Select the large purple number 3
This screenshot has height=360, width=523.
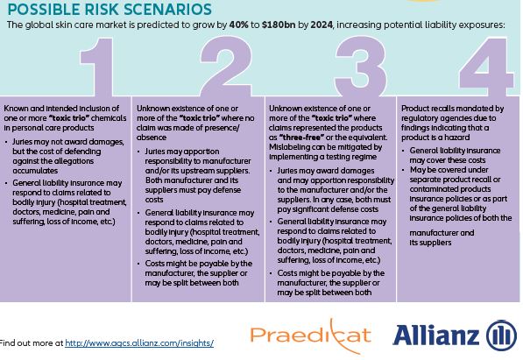coord(360,67)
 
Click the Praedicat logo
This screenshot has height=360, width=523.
coord(311,335)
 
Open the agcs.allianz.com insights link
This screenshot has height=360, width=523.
coord(139,343)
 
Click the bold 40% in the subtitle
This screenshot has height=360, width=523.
coord(239,25)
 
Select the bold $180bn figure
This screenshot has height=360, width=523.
coord(279,25)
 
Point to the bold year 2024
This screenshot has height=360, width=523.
coord(322,25)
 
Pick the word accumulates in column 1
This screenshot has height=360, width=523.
coord(35,171)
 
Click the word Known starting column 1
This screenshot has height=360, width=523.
coord(15,109)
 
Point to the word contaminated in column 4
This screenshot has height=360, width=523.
coord(434,189)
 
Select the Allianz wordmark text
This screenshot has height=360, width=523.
coord(436,335)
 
